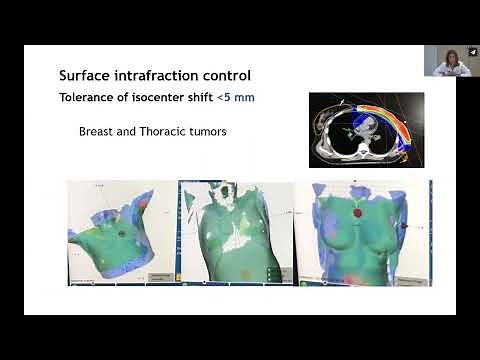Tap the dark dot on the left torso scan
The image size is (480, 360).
tap(122, 233)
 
